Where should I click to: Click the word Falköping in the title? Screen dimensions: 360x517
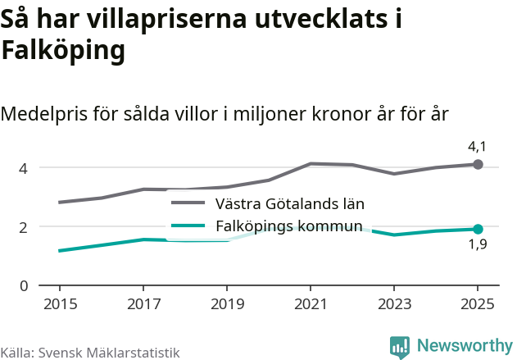click(x=63, y=51)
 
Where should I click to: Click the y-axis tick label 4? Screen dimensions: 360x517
click(x=24, y=168)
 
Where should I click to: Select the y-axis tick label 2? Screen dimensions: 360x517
click(x=24, y=227)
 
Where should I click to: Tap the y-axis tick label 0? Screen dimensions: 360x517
click(x=24, y=285)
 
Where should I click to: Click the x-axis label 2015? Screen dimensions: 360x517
click(x=60, y=303)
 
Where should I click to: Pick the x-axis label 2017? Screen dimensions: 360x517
click(x=143, y=303)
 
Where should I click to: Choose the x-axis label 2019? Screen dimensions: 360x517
click(x=227, y=303)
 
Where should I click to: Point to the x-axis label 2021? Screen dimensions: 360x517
click(x=311, y=303)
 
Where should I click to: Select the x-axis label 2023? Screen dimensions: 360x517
click(x=394, y=303)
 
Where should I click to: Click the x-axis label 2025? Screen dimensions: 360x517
click(x=478, y=303)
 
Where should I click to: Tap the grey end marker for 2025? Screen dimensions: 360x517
click(x=478, y=165)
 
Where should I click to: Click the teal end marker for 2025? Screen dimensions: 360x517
click(x=478, y=230)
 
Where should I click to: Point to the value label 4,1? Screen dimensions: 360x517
click(x=477, y=147)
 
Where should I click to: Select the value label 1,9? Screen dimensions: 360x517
click(x=477, y=245)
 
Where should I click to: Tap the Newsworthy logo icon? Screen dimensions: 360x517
click(x=400, y=346)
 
